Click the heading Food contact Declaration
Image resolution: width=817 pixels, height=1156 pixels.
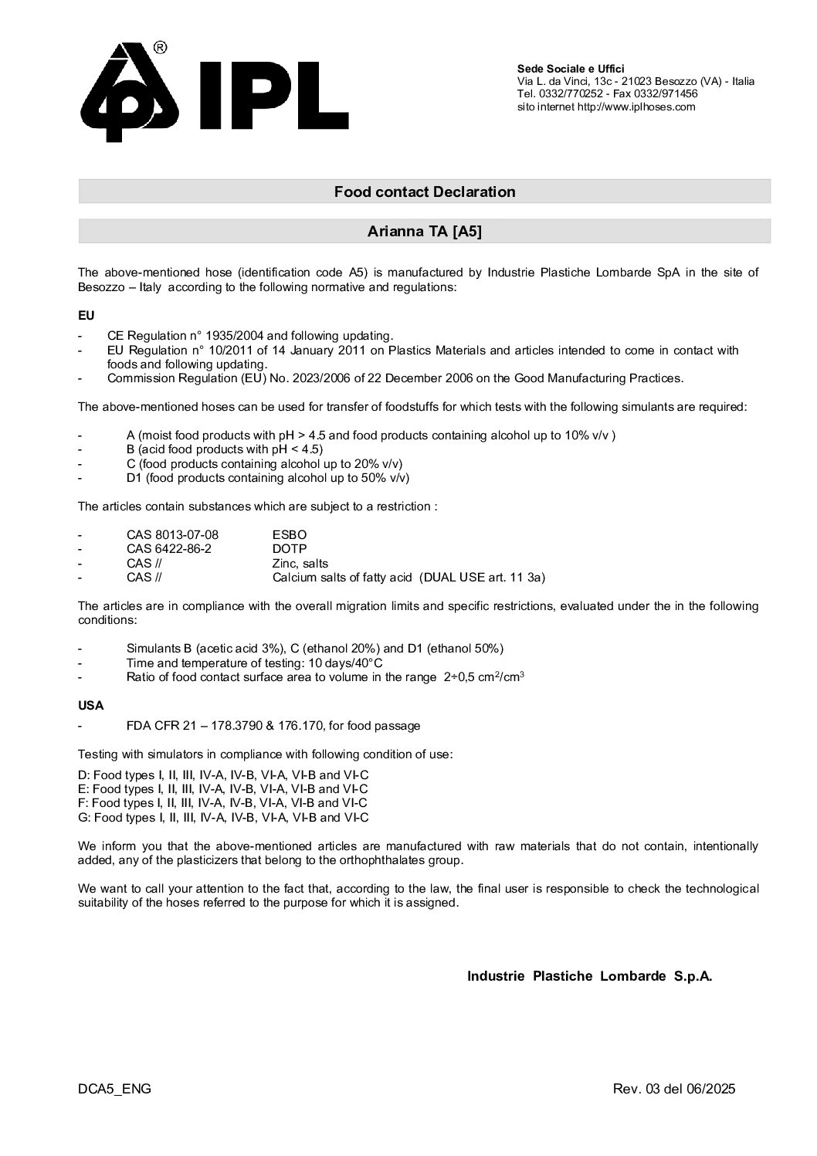pos(424,192)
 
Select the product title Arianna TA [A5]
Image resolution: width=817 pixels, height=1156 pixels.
pos(424,231)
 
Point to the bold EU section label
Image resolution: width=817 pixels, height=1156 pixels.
pos(86,315)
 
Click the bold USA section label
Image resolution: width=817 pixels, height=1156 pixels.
pos(90,705)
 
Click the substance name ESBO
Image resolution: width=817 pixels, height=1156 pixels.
pos(290,534)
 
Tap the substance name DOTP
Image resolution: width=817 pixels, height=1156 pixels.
pos(290,548)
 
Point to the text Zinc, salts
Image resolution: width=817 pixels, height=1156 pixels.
pos(300,563)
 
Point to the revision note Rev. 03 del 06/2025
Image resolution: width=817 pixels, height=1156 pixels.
pos(673,1089)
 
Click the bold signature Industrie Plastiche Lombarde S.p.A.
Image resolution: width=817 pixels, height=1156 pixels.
pos(589,976)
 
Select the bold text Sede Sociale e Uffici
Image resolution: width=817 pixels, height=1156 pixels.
pos(571,69)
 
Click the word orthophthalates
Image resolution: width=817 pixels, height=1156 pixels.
pos(388,860)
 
